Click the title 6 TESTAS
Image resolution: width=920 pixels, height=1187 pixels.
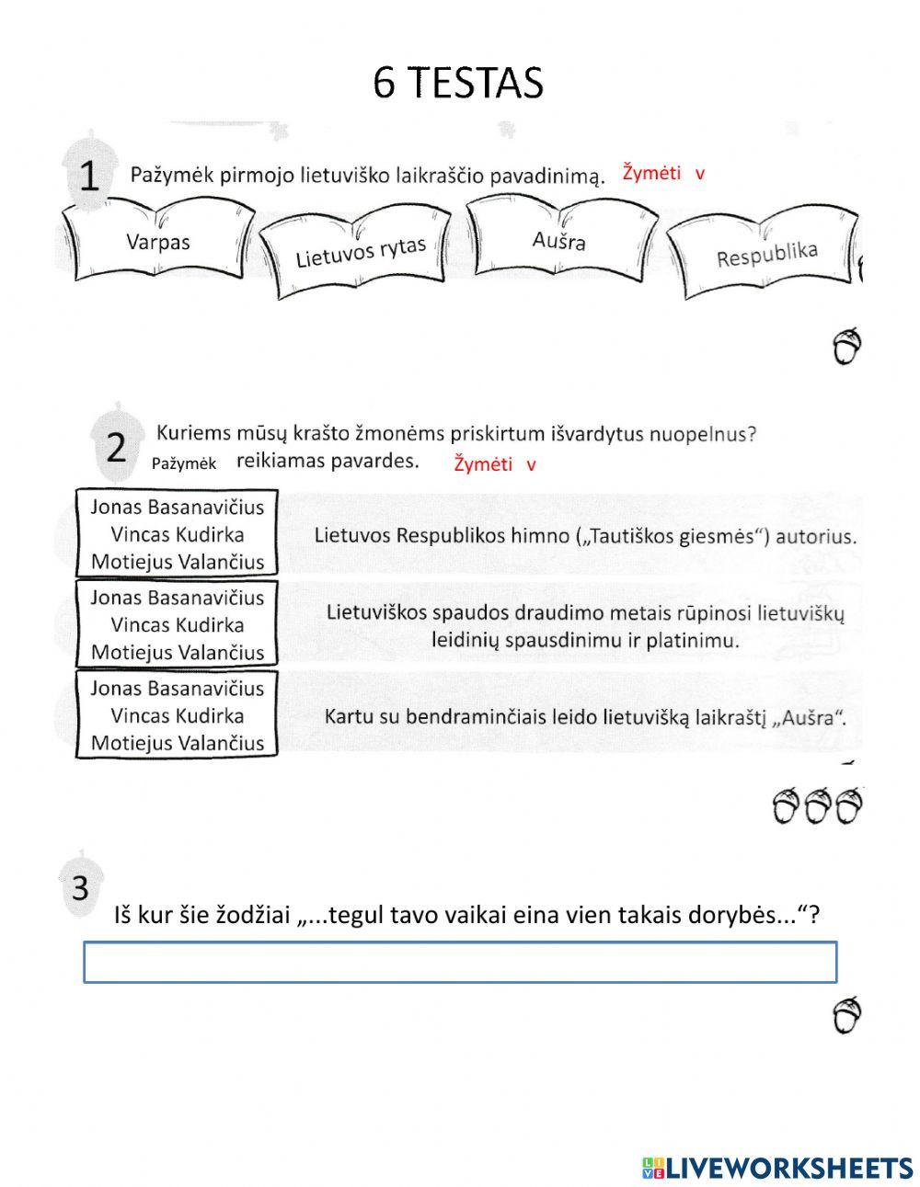458,83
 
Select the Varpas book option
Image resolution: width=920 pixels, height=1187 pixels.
157,242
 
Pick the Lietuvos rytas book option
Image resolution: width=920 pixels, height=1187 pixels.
360,251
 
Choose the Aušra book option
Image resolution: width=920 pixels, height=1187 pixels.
558,240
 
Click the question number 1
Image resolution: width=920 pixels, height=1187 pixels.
88,176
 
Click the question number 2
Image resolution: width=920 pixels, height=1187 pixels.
116,448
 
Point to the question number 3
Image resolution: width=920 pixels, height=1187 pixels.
80,888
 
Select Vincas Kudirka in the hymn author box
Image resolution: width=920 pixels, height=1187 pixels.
177,534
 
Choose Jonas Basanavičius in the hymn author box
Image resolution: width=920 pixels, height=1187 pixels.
177,507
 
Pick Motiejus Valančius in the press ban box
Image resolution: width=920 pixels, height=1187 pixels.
177,653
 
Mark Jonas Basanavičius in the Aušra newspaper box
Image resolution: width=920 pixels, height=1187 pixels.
177,689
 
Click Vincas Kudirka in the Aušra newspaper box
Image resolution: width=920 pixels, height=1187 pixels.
177,715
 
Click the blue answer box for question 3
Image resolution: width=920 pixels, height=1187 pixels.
460,962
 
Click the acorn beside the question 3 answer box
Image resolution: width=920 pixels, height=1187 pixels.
847,1015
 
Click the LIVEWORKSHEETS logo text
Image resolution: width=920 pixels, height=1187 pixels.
788,1168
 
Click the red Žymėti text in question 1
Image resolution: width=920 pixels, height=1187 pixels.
651,173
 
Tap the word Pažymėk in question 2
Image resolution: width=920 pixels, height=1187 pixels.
184,464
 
